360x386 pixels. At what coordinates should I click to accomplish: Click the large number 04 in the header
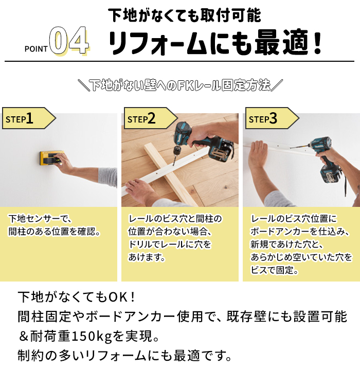(69, 41)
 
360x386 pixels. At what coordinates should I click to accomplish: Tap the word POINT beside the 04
(36, 49)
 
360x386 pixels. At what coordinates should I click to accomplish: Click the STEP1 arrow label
(29, 118)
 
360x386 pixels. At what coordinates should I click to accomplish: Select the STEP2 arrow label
(151, 118)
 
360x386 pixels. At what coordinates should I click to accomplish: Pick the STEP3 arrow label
(272, 118)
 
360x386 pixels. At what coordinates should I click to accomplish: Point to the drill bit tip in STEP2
(173, 165)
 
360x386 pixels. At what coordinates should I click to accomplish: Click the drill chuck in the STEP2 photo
(177, 151)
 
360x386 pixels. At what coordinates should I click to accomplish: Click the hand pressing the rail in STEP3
(258, 154)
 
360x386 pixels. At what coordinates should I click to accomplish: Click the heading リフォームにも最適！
(215, 42)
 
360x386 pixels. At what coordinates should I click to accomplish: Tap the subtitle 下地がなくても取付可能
(184, 15)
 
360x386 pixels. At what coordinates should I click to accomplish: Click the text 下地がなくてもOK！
(77, 297)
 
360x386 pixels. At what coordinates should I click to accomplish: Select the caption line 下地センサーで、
(40, 218)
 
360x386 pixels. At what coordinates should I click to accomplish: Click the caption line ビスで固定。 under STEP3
(274, 270)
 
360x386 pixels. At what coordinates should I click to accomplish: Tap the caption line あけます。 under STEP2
(147, 257)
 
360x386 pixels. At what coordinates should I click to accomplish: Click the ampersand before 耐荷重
(23, 337)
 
